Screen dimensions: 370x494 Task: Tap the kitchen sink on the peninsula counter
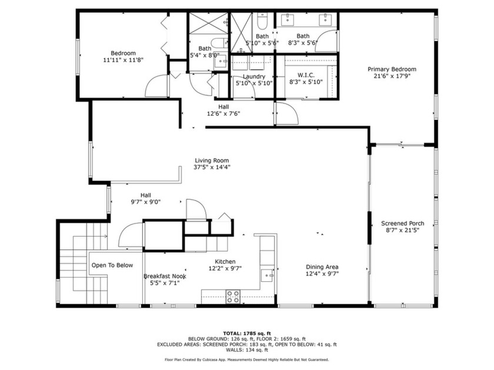[x=268, y=274]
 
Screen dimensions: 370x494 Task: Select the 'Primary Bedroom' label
[x=392, y=69]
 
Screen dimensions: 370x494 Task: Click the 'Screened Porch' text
[x=402, y=223]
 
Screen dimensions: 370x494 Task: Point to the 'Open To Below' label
[x=112, y=265]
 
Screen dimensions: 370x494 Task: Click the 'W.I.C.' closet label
[x=306, y=75]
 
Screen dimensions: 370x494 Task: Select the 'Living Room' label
[x=212, y=160]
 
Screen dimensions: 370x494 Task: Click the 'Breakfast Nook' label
[x=165, y=275]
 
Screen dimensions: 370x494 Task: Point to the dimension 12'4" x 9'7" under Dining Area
[x=322, y=273]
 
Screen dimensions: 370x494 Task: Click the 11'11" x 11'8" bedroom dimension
[x=123, y=60]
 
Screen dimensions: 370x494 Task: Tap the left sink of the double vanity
[x=288, y=20]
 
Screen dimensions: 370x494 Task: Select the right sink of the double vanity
[x=324, y=20]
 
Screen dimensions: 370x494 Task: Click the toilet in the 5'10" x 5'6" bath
[x=263, y=22]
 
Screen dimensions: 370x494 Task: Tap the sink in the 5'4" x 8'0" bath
[x=218, y=63]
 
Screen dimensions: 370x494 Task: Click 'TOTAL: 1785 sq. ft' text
[x=246, y=333]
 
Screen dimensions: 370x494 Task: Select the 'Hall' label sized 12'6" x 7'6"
[x=223, y=106]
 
